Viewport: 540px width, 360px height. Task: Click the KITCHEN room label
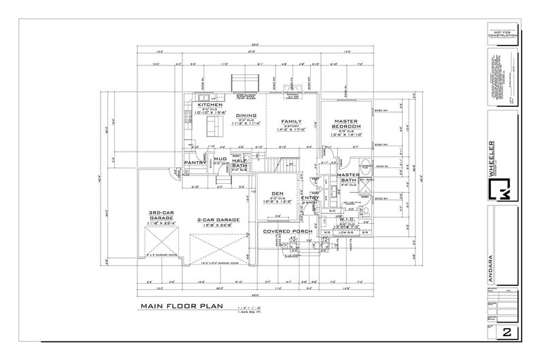(x=210, y=105)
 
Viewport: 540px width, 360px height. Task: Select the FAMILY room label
(x=292, y=121)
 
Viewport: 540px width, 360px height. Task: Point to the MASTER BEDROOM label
(x=347, y=124)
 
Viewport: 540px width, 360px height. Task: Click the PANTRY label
(x=195, y=163)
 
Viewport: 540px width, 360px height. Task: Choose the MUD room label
(x=220, y=159)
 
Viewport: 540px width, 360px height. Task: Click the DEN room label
(x=277, y=193)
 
